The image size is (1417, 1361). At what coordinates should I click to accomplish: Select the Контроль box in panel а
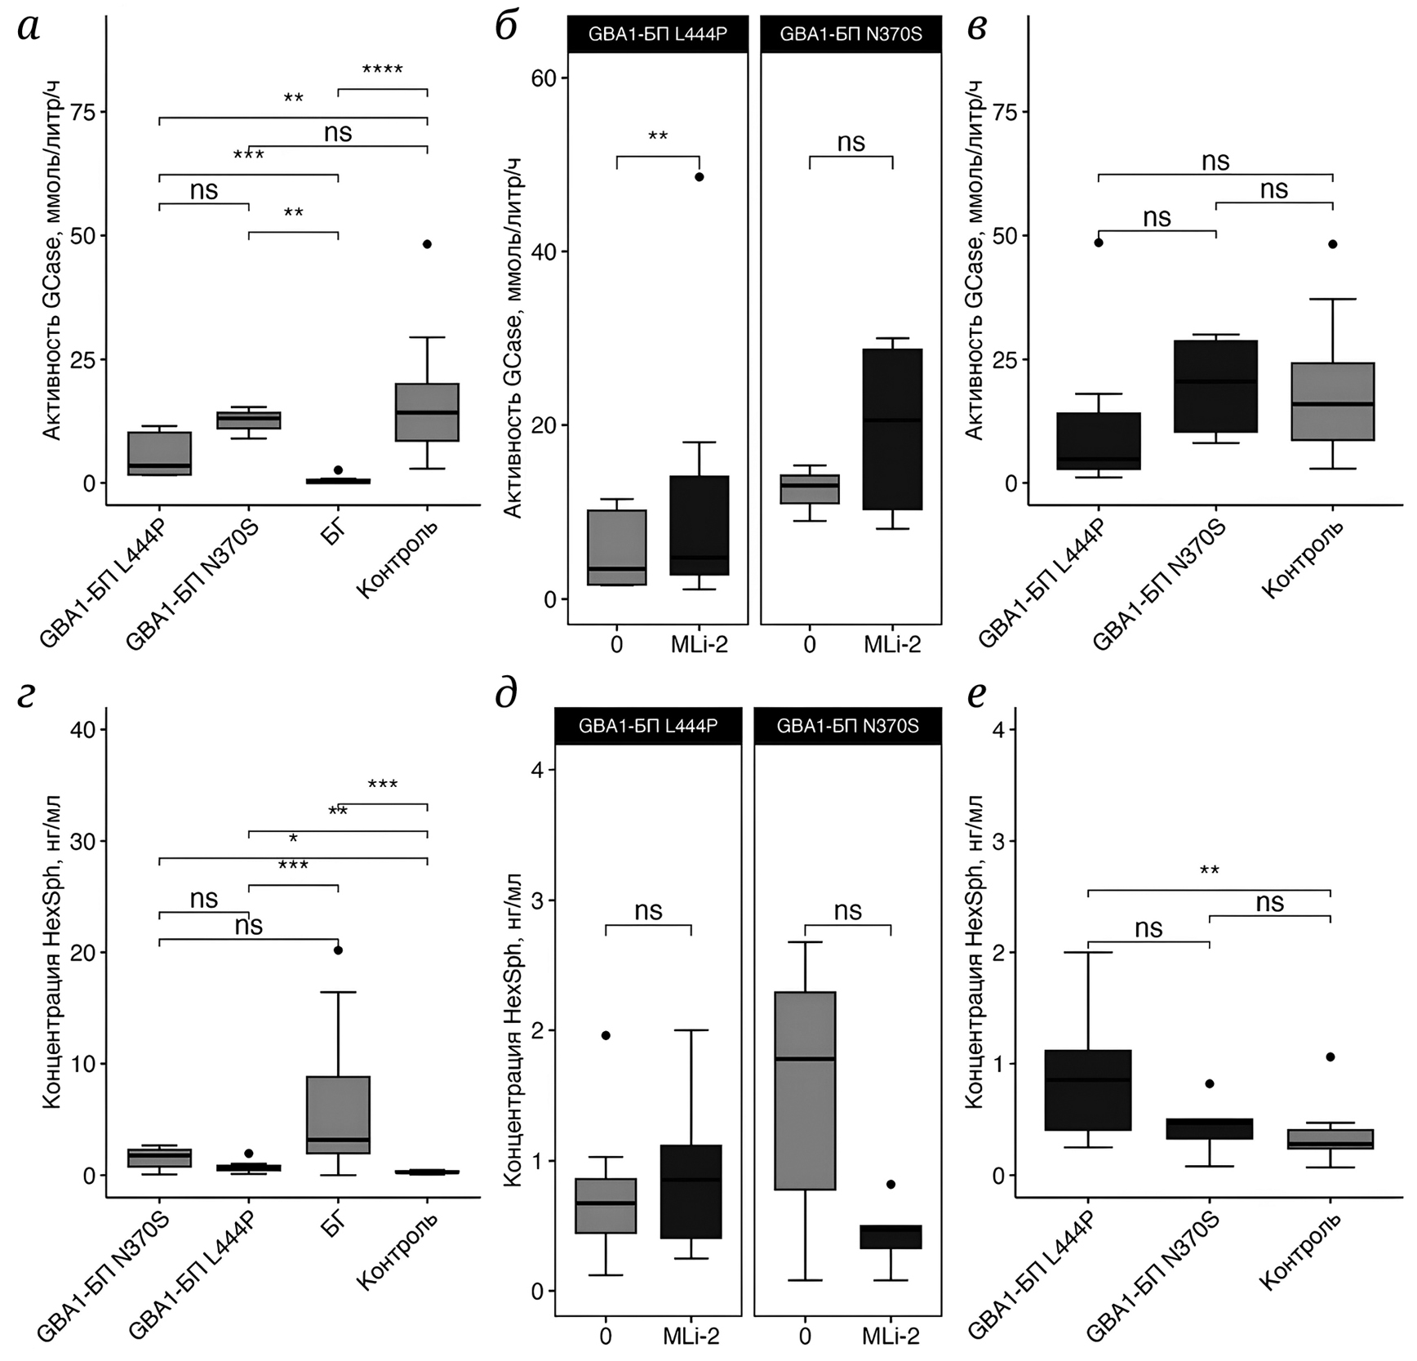pos(427,412)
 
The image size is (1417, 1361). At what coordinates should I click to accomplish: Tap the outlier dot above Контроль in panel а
pos(427,244)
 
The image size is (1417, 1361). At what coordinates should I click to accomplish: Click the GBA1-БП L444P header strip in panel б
pos(657,34)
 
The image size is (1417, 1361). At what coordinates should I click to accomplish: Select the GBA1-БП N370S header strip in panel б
pos(851,34)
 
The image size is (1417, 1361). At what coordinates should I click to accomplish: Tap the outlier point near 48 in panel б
pos(700,176)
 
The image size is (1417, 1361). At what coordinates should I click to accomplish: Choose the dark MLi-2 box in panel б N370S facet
pos(893,429)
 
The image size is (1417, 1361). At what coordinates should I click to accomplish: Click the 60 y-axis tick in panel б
pos(543,78)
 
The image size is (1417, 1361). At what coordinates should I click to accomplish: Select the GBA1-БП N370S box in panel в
pos(1216,386)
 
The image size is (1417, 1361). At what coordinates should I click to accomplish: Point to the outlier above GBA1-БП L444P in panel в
pos(1099,242)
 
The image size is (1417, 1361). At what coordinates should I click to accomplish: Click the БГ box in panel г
pos(338,1114)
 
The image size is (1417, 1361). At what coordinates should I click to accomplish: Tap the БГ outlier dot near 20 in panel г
pos(338,950)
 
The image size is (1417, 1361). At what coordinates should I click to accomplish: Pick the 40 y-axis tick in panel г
pos(82,729)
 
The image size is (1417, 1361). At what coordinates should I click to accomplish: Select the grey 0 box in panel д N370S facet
pos(805,1091)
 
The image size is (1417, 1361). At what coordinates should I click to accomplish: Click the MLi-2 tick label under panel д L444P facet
pos(691,1336)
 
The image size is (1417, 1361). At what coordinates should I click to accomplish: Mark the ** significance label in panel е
pos(1209,871)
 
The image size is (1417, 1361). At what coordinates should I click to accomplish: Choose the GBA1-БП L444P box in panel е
pos(1088,1090)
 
